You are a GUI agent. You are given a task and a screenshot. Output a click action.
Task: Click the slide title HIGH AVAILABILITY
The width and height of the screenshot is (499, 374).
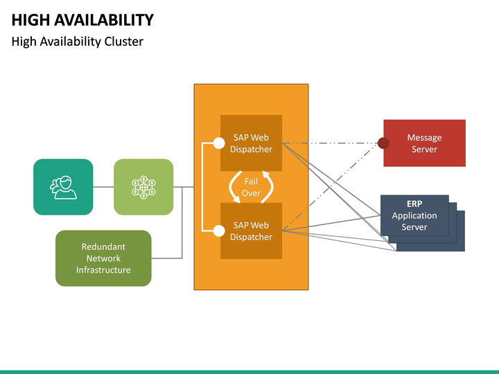click(82, 19)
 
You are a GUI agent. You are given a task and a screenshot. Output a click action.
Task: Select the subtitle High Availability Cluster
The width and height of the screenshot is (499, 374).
click(78, 42)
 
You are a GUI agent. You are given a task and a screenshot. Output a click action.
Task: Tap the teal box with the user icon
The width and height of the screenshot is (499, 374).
click(63, 186)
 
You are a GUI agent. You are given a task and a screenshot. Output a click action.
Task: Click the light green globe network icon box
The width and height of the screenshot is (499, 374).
click(143, 186)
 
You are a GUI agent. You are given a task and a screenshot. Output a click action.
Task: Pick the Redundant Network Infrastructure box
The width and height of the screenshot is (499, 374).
click(103, 258)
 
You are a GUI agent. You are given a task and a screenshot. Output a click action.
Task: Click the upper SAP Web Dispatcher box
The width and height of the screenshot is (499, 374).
click(252, 143)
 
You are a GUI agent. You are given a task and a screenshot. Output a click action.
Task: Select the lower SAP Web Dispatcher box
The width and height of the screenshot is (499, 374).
click(252, 231)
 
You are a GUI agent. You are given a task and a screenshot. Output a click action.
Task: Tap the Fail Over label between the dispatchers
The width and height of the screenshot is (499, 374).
click(251, 187)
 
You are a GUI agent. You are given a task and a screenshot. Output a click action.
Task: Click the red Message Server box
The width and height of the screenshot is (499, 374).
click(425, 143)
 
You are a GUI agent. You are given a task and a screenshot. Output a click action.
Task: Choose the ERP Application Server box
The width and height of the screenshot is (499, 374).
click(414, 215)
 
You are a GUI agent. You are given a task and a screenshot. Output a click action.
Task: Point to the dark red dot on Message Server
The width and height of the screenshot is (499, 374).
click(383, 143)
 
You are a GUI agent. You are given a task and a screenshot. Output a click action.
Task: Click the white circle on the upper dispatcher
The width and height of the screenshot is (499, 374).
click(219, 143)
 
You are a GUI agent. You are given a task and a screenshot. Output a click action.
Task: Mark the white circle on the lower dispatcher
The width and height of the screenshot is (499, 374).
click(219, 231)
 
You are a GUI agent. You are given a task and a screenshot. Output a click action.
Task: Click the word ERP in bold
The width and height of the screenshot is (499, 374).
click(414, 204)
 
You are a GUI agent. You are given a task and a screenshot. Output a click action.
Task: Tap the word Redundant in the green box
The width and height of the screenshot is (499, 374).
click(103, 247)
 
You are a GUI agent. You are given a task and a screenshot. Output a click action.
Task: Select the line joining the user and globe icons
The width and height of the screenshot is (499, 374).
click(103, 186)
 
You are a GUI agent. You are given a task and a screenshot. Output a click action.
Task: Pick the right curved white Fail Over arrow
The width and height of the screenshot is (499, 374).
click(268, 187)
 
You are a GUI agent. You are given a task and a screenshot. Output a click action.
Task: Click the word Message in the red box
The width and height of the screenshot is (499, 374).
click(425, 138)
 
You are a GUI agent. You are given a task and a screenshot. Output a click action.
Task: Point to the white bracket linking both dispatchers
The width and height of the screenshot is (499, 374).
click(202, 187)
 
